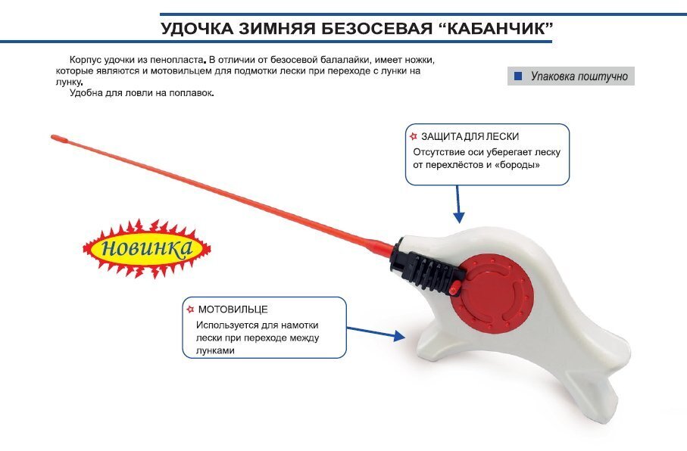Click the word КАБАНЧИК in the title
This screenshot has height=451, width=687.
click(x=493, y=30)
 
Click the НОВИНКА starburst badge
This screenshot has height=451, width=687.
click(x=146, y=248)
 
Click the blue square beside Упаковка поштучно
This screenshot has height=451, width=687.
click(x=518, y=76)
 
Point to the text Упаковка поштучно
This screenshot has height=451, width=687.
click(x=579, y=76)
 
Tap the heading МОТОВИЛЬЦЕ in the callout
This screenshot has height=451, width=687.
click(x=233, y=309)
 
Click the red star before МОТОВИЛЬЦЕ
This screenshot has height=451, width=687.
click(x=190, y=309)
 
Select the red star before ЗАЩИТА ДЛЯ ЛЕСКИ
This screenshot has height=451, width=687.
click(x=413, y=136)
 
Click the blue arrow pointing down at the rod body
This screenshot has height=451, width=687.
click(x=457, y=204)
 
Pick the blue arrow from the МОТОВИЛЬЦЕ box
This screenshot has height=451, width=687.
click(x=374, y=331)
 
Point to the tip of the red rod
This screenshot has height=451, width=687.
click(x=55, y=137)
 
